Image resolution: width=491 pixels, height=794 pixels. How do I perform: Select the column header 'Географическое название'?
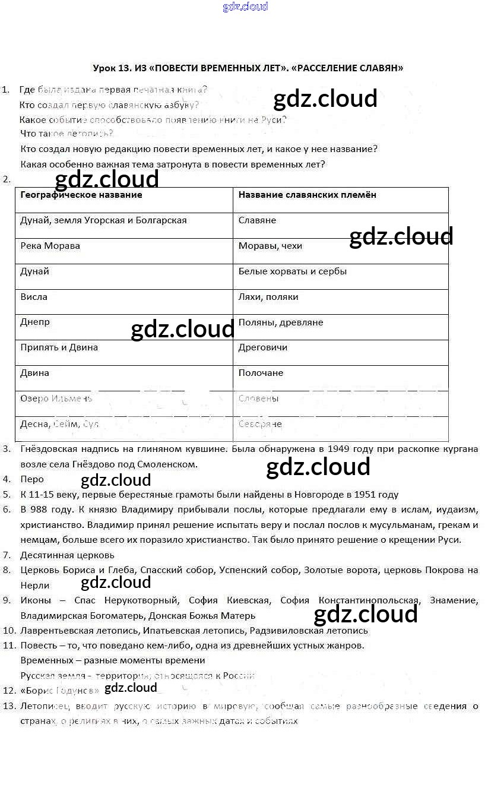(81, 195)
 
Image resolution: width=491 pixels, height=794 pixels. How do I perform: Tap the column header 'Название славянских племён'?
(307, 195)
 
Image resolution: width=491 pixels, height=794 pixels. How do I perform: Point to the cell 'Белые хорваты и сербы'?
(292, 271)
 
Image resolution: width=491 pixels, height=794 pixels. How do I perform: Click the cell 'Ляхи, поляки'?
(268, 297)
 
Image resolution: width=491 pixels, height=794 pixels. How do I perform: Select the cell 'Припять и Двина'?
(59, 347)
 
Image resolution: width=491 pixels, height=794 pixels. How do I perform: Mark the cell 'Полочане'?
(261, 373)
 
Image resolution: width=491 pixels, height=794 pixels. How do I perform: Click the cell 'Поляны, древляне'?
(281, 322)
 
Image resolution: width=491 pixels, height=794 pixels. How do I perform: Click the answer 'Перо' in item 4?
(32, 479)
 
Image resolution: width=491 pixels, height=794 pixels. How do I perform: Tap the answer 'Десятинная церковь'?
(67, 555)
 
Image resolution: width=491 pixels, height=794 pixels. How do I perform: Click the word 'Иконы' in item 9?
(36, 600)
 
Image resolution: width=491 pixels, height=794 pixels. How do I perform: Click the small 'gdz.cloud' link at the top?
(245, 7)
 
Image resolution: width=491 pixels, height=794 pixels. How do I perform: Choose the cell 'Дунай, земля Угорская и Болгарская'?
(104, 220)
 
